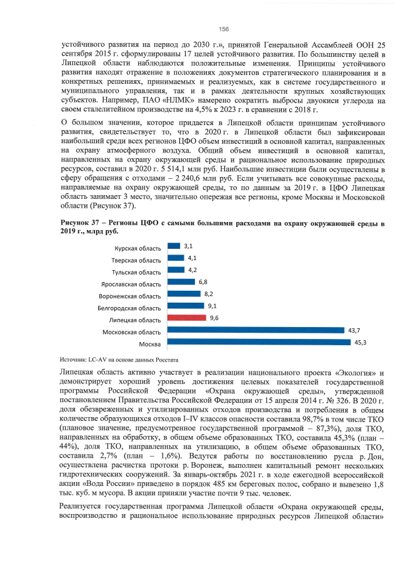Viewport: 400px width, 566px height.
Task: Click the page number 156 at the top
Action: (223, 29)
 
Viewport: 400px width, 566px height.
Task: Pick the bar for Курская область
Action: (173, 246)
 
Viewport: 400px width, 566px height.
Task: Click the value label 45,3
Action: (360, 343)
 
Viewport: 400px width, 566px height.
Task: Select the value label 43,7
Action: (354, 330)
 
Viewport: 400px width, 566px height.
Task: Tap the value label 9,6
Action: (214, 318)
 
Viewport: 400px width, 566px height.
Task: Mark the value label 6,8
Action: (203, 282)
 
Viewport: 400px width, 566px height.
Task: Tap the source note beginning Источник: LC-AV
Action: (119, 360)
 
